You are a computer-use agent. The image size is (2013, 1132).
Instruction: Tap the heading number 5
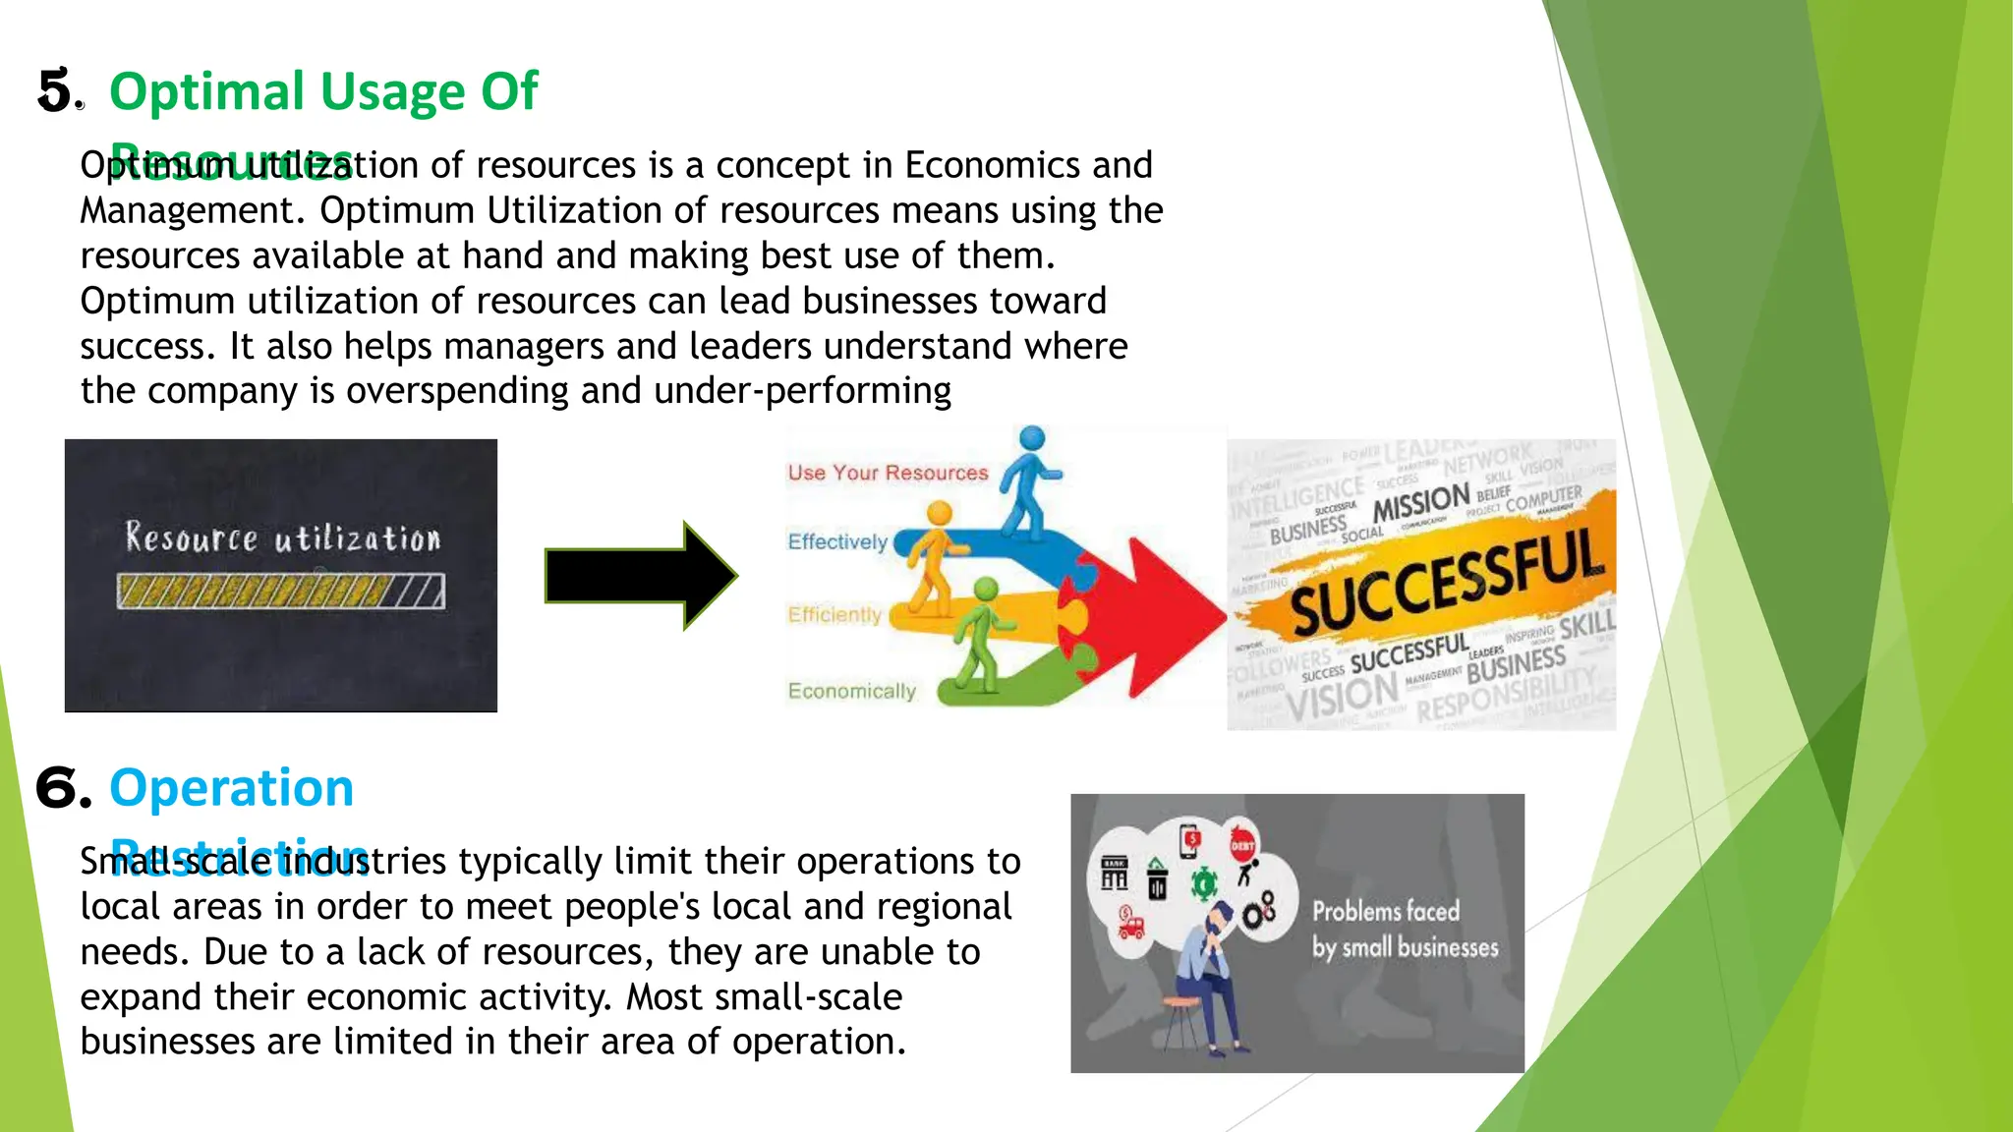(55, 91)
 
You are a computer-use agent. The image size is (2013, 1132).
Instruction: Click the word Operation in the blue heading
(231, 788)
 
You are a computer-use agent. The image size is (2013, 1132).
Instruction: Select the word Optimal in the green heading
(207, 91)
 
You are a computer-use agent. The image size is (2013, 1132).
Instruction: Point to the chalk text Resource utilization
(283, 538)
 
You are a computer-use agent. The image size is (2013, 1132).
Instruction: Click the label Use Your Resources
(888, 473)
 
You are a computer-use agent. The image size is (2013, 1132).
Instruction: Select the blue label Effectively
(836, 541)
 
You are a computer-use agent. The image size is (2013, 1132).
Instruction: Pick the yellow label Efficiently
(834, 615)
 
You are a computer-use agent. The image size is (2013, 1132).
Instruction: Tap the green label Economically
(851, 691)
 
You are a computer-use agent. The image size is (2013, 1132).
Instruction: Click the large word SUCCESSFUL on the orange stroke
(1445, 580)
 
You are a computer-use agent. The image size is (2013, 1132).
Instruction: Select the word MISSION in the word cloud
(1420, 503)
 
